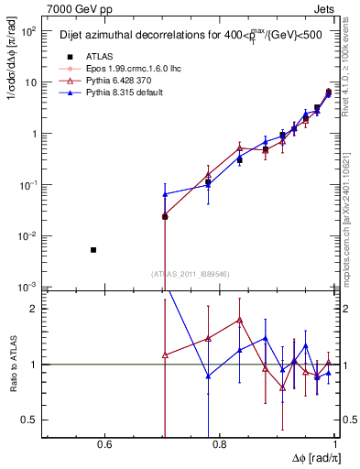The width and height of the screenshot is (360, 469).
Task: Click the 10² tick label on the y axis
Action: [x=28, y=31]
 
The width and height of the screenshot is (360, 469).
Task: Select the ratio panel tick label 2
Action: [x=34, y=309]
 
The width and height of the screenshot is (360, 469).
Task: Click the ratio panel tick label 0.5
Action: [x=29, y=420]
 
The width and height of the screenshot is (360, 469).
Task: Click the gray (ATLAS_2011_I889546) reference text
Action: [x=191, y=273]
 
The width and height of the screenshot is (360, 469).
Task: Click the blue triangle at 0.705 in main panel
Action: [x=165, y=194]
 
